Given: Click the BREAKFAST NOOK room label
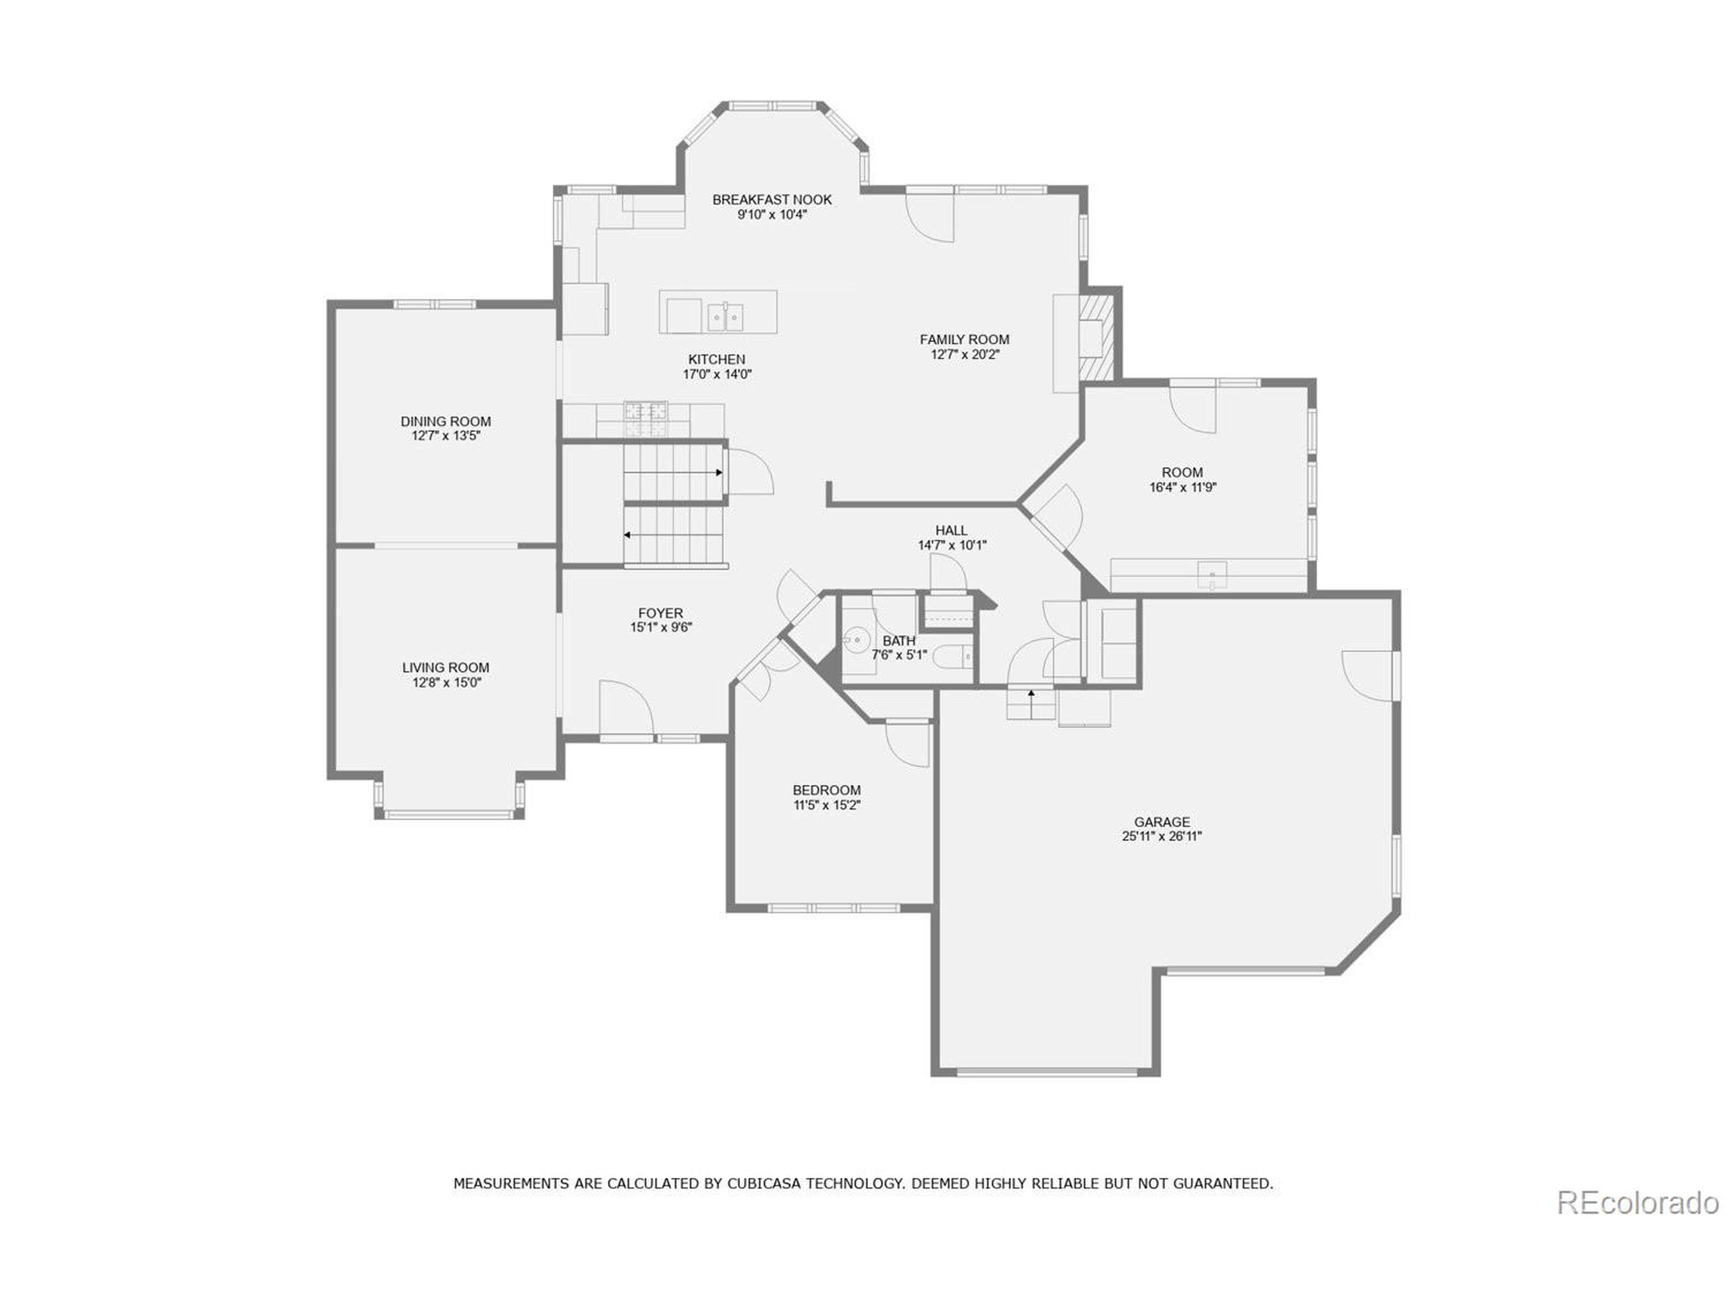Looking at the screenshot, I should (x=772, y=200).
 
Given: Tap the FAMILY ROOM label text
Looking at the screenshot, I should (x=964, y=340).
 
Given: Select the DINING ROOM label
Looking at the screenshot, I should (x=446, y=422).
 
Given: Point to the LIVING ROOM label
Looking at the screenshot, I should (x=446, y=668).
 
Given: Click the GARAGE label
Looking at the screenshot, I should (x=1162, y=822).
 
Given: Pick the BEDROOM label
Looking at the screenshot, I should (x=826, y=790).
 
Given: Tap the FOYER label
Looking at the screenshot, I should (x=660, y=613).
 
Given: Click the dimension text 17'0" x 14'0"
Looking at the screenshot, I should (x=717, y=374).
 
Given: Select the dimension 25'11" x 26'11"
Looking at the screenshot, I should (x=1162, y=836).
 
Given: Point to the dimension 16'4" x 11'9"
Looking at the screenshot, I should (x=1182, y=487).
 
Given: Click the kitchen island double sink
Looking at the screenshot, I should (x=726, y=317).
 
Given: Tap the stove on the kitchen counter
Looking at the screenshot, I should (x=645, y=418).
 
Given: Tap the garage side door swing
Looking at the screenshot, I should (x=1367, y=674).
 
